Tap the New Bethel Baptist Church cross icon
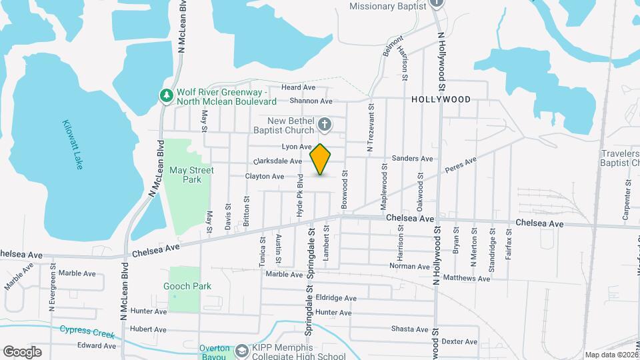point(325,124)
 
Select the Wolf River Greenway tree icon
point(166,96)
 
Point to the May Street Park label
point(191,175)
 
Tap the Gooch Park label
point(187,286)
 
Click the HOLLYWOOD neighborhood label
point(441,99)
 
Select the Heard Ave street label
point(298,87)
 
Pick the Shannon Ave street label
point(311,101)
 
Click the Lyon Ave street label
point(297,147)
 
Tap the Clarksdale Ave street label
point(278,161)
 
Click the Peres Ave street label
point(461,165)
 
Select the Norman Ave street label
point(409,266)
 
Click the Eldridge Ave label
point(337,298)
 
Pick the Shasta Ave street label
point(409,329)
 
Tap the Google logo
point(22,351)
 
